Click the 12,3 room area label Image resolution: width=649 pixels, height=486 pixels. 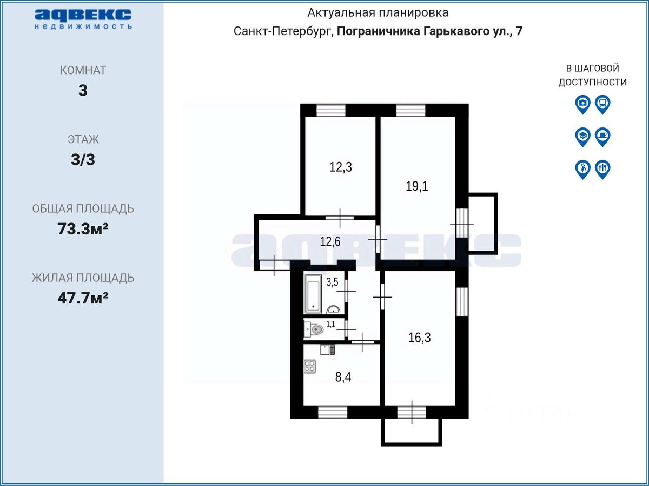[341, 167]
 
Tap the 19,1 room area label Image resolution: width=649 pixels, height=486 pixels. [417, 186]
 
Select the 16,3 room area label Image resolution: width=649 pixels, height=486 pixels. [420, 337]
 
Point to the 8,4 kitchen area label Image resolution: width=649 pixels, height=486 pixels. [343, 377]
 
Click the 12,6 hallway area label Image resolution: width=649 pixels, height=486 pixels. [330, 242]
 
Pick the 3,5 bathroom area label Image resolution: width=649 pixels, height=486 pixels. [332, 282]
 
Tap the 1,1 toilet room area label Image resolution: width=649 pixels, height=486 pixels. [330, 325]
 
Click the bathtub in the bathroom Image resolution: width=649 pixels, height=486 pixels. [313, 294]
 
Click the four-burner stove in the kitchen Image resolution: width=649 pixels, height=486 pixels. [310, 367]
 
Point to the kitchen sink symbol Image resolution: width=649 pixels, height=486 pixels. [328, 350]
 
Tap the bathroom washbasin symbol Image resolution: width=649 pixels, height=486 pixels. [333, 309]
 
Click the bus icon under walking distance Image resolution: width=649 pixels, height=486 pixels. [602, 104]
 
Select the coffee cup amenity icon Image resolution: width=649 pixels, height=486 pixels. [602, 137]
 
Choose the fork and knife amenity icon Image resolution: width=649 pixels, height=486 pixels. [602, 170]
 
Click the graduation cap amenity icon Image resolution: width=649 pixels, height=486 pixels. [583, 137]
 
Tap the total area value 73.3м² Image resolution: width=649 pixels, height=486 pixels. [83, 228]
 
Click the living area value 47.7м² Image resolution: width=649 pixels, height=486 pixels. [83, 298]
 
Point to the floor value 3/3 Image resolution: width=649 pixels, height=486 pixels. [83, 160]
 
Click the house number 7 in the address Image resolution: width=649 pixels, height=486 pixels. [519, 31]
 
